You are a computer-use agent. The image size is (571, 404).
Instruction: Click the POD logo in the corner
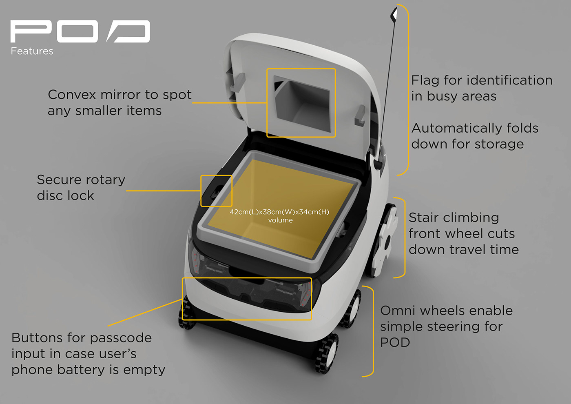80,31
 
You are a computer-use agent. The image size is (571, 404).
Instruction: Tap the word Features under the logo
32,51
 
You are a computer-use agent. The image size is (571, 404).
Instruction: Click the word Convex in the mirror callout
72,95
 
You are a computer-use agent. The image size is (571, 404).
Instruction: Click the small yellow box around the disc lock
216,191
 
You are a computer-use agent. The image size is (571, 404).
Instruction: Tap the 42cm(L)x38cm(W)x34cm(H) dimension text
279,212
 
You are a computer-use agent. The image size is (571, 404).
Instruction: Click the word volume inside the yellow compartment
280,220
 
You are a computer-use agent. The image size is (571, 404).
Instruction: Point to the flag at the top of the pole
394,14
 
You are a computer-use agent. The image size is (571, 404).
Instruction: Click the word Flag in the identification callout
425,80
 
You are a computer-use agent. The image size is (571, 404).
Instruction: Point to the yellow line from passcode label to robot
145,313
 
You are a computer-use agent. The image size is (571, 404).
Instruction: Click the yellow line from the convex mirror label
229,102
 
